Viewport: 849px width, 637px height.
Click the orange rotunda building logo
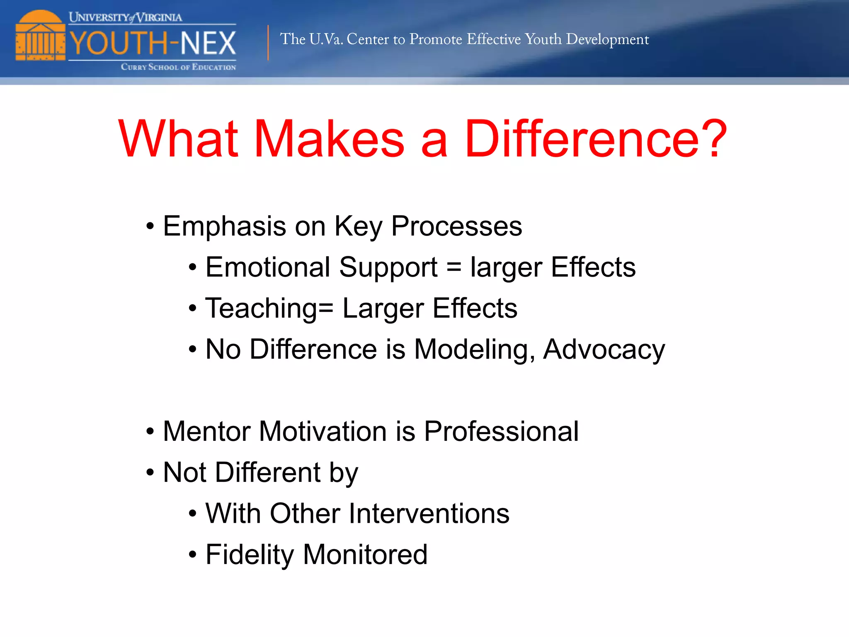coord(40,36)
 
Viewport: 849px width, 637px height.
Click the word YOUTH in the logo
coord(118,43)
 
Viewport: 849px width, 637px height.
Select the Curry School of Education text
coord(178,67)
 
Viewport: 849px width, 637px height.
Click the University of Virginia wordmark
coord(125,17)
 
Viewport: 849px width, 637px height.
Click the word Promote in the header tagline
coord(435,39)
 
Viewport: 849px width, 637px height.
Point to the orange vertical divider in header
coord(268,43)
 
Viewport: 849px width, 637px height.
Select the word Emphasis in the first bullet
coord(224,226)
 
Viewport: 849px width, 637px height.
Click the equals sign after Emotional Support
coord(454,267)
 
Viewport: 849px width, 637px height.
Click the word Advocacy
coord(604,350)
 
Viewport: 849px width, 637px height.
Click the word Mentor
coord(206,431)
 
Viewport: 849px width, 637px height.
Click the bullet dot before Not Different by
coord(150,472)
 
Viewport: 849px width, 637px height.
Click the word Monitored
coord(365,554)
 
